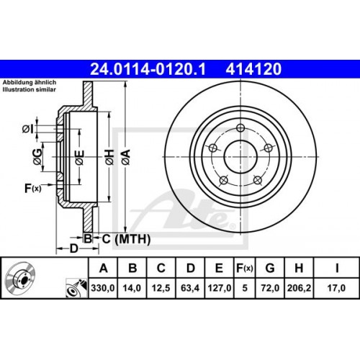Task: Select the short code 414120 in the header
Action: (253, 70)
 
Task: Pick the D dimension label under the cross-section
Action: (72, 249)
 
